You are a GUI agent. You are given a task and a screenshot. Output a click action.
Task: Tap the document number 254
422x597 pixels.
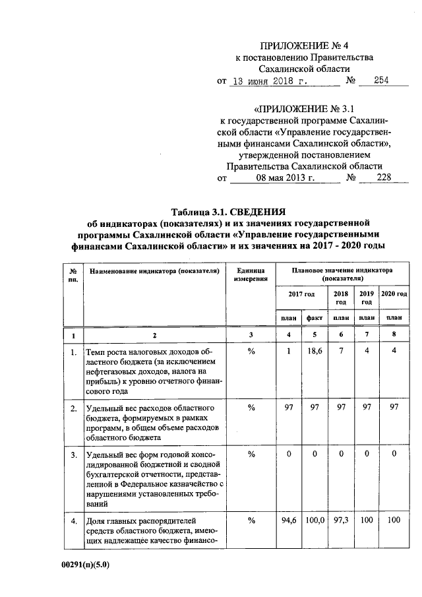click(x=382, y=81)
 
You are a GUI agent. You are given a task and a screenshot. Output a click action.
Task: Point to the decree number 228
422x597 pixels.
click(x=383, y=177)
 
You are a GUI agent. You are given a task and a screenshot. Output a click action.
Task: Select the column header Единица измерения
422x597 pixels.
click(x=250, y=275)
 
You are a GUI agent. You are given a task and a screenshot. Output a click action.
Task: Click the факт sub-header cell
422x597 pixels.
click(x=315, y=317)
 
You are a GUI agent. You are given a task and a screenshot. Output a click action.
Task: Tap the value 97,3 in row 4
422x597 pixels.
click(x=341, y=520)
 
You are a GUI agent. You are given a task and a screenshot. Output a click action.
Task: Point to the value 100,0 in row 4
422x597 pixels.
click(x=315, y=520)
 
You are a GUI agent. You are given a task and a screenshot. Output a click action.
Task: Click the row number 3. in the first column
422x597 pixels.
click(x=73, y=455)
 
